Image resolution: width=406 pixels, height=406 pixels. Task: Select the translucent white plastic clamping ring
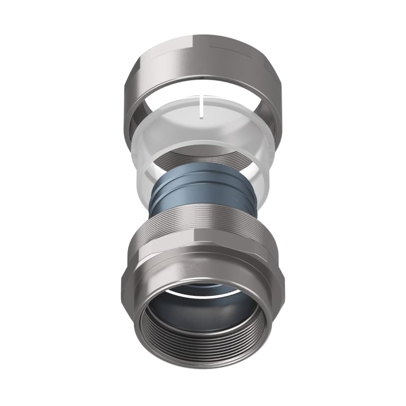pyautogui.click(x=147, y=152)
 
